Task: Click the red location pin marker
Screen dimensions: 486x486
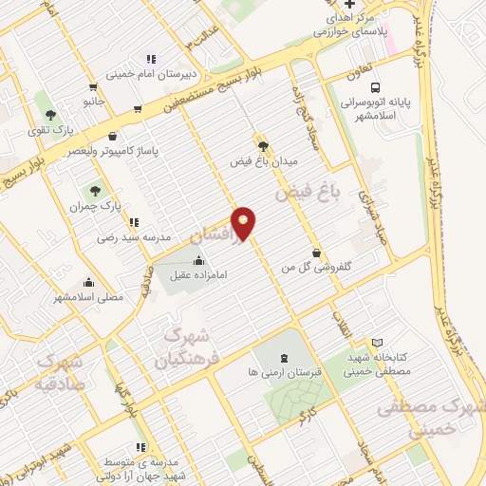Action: [x=244, y=222]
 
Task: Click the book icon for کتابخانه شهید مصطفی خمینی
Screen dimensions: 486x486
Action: [x=378, y=343]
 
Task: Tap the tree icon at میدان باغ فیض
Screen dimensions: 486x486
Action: [x=262, y=145]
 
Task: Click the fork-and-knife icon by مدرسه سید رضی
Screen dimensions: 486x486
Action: [x=132, y=223]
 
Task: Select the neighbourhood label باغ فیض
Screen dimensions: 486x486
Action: [x=308, y=196]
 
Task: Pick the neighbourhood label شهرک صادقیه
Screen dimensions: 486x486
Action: [x=59, y=373]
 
